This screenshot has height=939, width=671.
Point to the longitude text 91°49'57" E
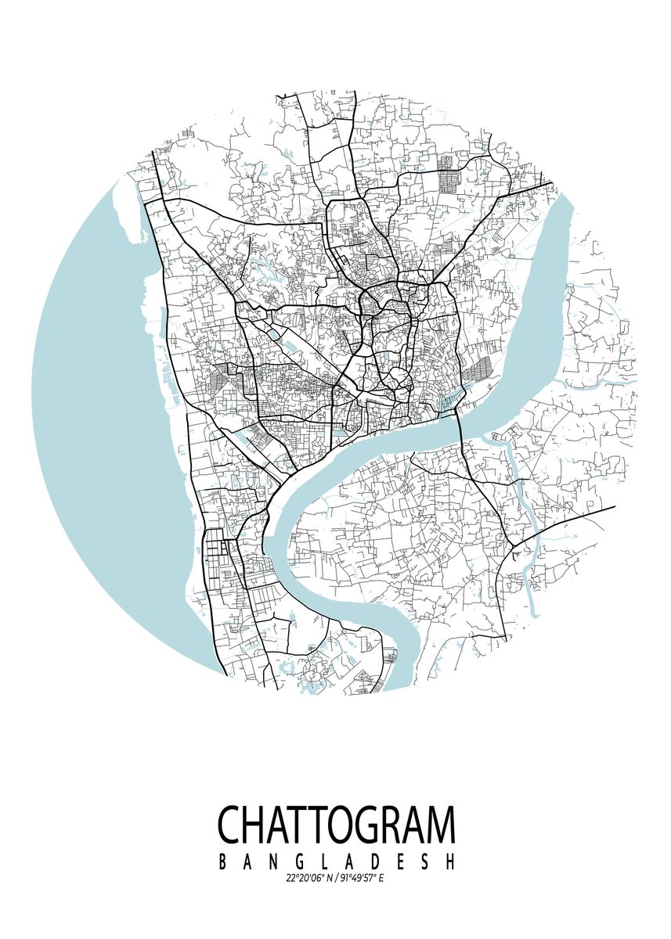coord(361,878)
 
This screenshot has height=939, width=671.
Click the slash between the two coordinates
coord(334,878)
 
